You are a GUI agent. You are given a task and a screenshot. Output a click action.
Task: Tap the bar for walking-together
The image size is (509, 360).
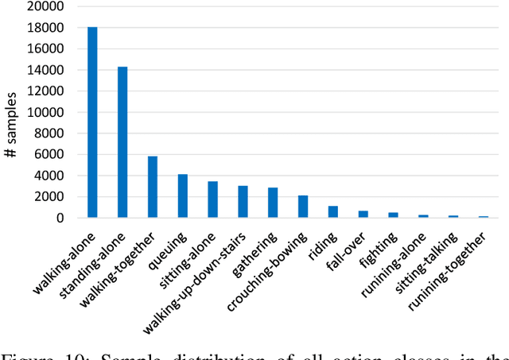[x=153, y=187]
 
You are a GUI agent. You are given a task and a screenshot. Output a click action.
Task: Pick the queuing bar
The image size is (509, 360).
[x=183, y=195]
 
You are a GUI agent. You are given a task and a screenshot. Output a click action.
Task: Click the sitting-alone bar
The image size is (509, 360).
[x=212, y=199]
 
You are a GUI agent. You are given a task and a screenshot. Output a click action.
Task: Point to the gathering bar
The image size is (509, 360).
[x=273, y=203]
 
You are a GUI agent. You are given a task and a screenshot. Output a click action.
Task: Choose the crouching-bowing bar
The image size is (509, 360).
[x=303, y=207]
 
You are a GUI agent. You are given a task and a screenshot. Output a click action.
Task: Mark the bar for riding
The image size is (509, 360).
[x=333, y=211]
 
